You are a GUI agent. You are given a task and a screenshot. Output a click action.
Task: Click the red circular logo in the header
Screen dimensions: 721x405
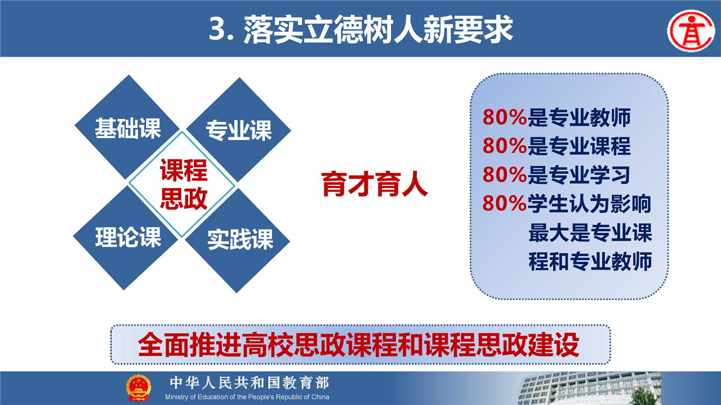691,31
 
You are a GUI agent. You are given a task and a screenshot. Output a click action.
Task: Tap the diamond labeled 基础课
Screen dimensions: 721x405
127,127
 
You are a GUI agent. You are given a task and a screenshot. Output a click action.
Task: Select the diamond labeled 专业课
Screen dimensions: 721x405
239,130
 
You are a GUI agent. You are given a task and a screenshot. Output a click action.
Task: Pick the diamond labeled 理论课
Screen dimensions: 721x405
126,238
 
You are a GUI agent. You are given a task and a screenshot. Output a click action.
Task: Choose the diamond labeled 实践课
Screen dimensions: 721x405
238,241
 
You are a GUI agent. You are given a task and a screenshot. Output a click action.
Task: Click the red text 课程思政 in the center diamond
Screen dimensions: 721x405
184,184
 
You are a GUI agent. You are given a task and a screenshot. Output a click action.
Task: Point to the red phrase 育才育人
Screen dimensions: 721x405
375,184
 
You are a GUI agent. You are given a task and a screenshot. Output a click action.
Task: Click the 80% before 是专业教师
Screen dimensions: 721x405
504,117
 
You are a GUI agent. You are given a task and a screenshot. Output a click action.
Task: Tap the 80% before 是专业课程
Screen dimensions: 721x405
504,146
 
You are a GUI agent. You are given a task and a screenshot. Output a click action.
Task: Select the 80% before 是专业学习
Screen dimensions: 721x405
504,175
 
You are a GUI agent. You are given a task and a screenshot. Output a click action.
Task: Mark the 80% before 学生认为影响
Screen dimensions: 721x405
504,203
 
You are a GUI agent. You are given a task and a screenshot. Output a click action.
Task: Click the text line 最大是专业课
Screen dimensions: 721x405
590,233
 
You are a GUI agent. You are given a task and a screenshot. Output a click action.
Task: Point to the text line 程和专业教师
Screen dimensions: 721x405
590,261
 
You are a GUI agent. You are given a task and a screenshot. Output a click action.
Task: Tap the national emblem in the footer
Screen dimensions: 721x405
139,388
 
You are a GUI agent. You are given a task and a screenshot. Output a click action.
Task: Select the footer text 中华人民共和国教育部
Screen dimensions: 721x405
250,383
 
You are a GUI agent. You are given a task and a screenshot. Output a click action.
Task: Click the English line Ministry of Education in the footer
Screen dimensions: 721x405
247,397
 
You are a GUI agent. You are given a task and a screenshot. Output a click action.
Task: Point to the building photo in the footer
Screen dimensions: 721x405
589,388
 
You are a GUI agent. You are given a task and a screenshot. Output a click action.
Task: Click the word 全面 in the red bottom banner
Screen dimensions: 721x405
163,345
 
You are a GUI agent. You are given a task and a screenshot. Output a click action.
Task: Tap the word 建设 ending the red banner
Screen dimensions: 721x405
554,345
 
